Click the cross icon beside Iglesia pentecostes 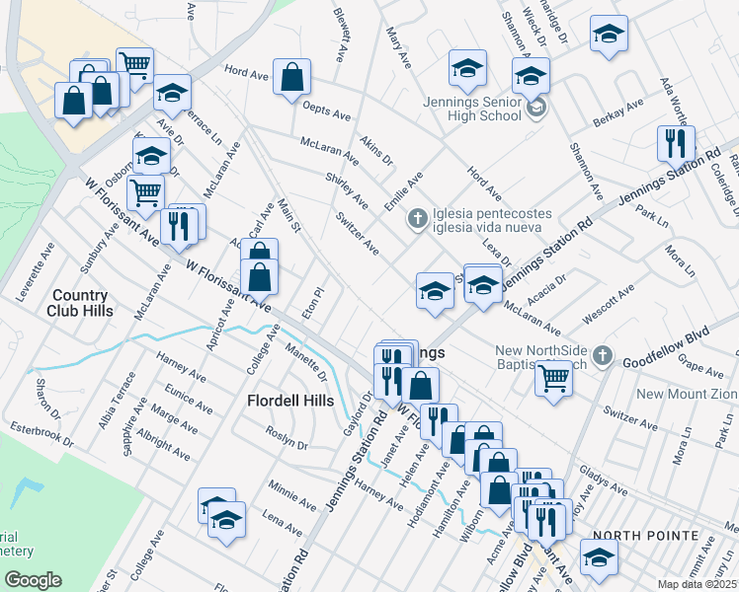coord(418,217)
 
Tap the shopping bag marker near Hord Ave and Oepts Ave coord(293,77)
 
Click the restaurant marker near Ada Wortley coord(676,142)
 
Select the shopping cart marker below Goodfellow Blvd coord(553,377)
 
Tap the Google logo coord(33,580)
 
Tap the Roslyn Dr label coord(287,438)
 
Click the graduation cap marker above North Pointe coord(599,556)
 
